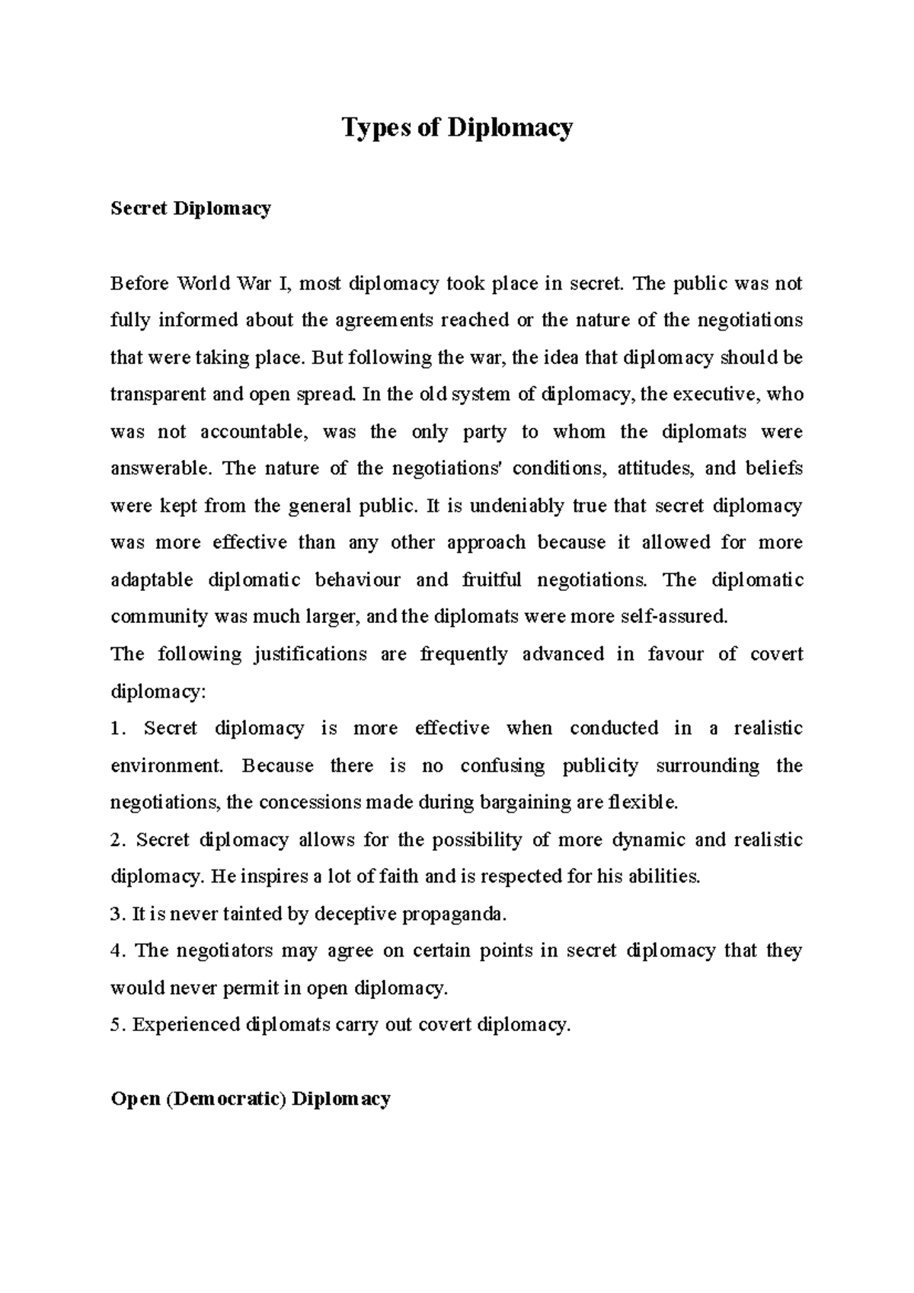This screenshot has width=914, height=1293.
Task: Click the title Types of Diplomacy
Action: [457, 128]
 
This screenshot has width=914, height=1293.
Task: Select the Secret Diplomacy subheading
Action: [190, 209]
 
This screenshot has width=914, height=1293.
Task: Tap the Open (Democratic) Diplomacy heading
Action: [251, 1099]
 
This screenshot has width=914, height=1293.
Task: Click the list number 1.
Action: [117, 729]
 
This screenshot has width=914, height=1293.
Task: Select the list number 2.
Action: [117, 840]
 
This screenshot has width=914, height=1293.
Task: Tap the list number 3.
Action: [117, 915]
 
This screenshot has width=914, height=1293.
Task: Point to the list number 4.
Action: [117, 951]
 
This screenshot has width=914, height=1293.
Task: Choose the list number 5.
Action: [117, 1025]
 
